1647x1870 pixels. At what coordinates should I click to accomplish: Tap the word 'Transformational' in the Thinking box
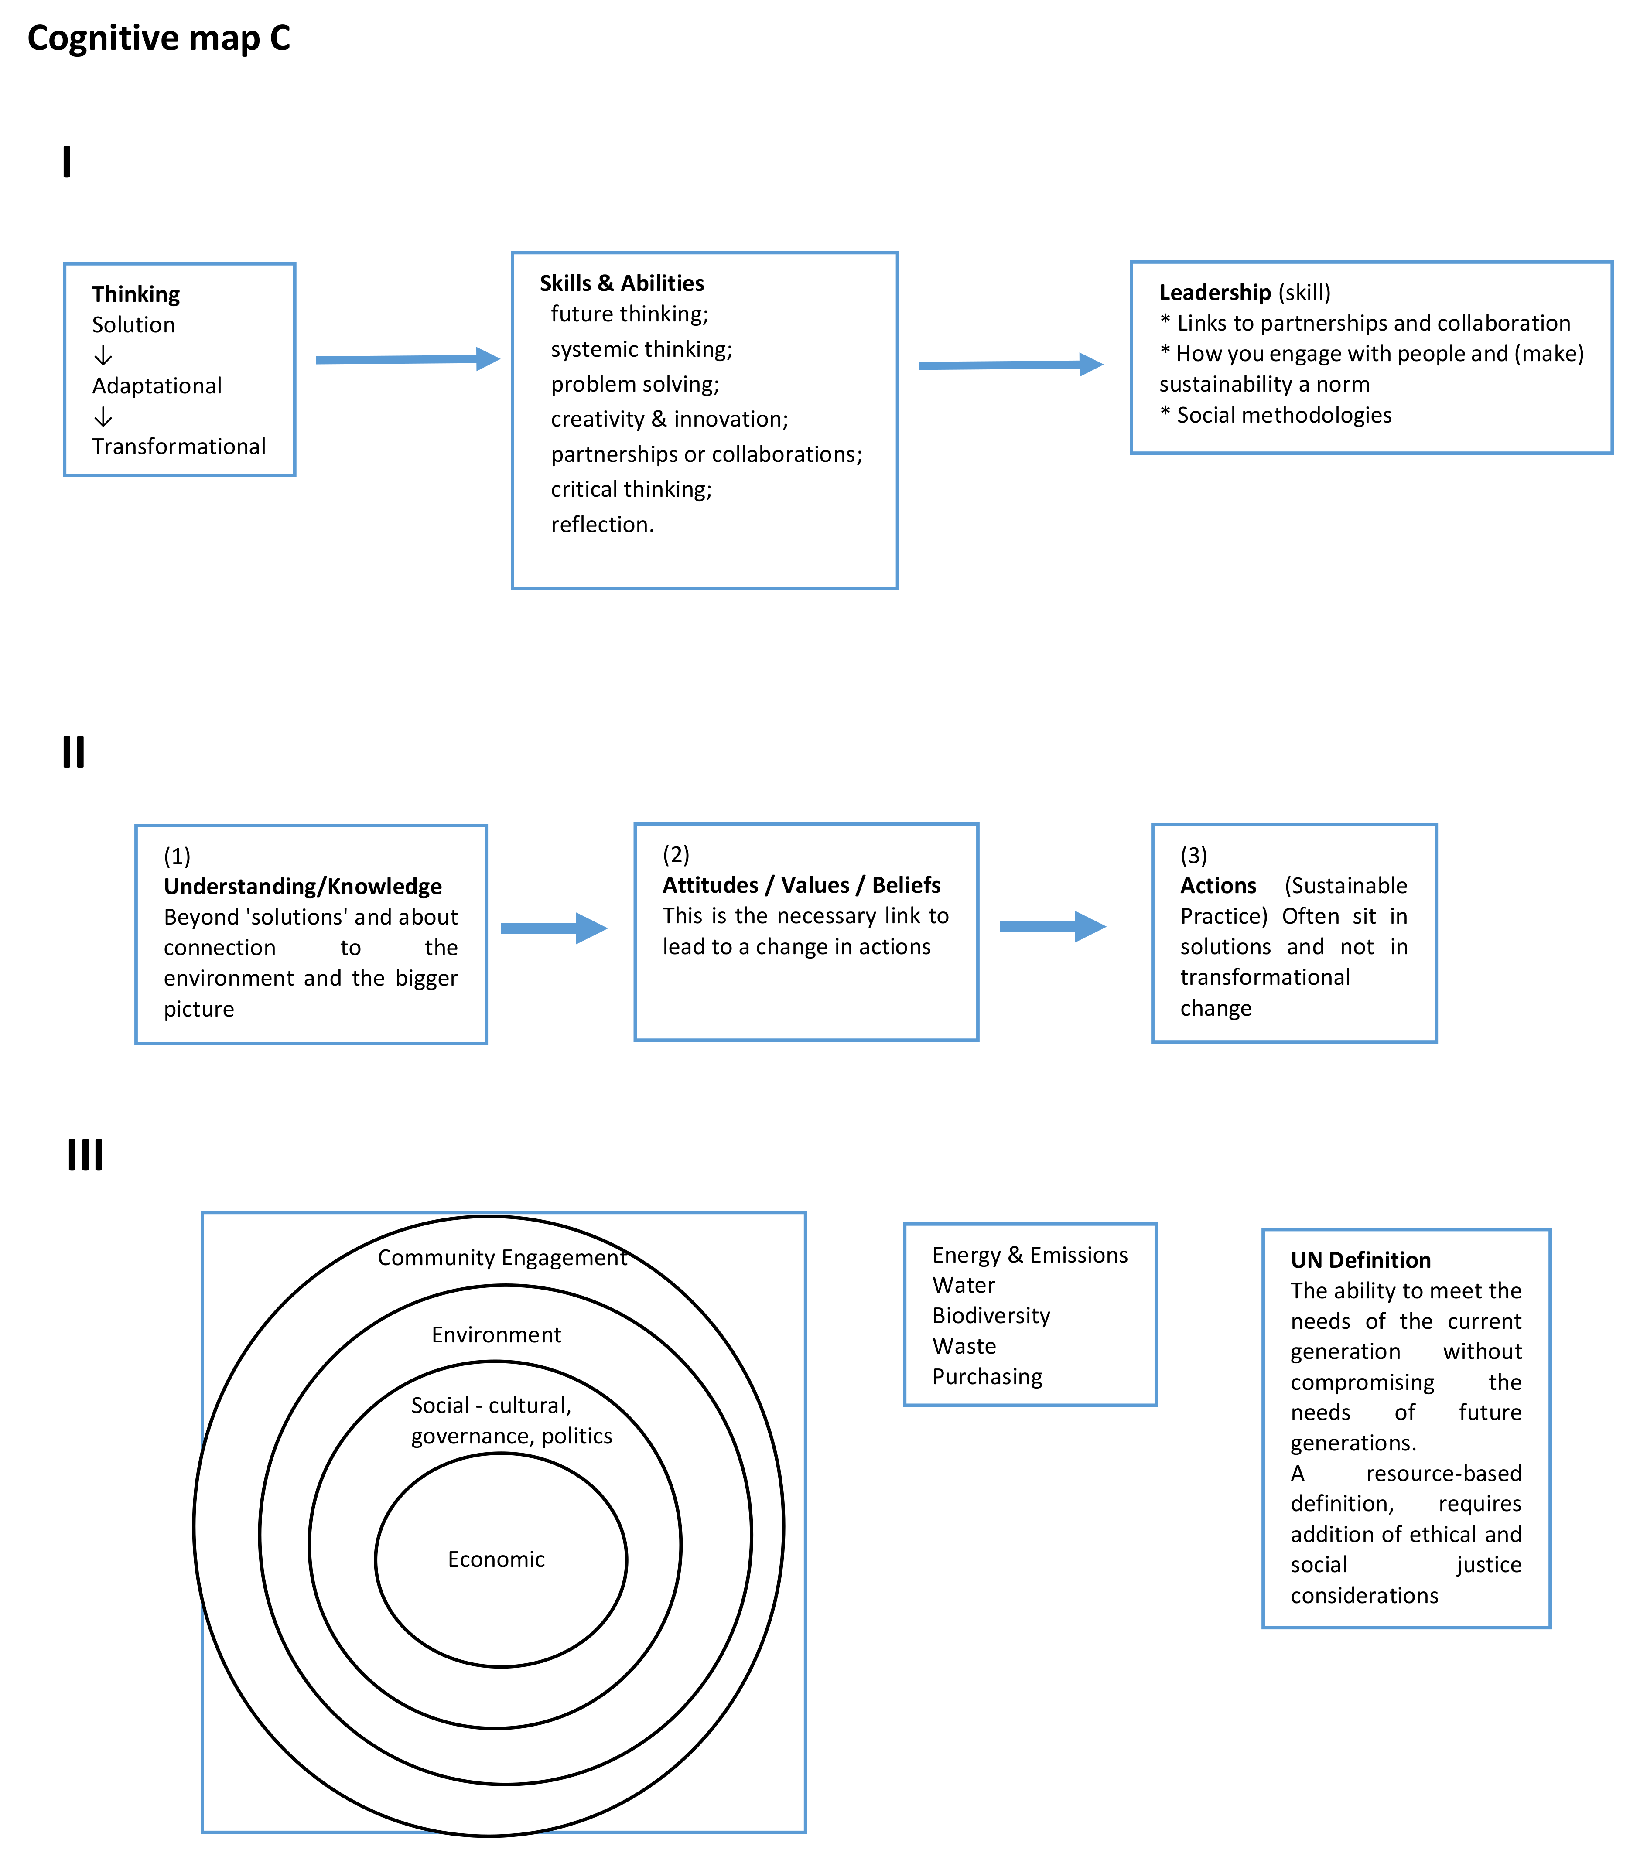(178, 447)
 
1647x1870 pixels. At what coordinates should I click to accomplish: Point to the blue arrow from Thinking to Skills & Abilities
(407, 359)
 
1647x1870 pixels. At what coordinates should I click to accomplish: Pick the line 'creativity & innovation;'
(669, 419)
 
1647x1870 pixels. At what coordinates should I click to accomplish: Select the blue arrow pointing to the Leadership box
(1010, 365)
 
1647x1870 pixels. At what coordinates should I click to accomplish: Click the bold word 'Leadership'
(1214, 293)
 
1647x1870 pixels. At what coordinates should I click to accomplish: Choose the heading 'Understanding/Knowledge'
(302, 887)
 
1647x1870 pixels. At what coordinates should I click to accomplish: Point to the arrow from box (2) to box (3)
(1052, 927)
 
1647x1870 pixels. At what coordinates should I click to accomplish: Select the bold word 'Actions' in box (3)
(1218, 886)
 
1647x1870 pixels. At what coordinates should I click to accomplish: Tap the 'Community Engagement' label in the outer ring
(502, 1258)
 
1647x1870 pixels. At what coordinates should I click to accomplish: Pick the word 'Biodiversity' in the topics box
(991, 1316)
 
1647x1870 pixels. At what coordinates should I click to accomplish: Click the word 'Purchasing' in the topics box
(988, 1377)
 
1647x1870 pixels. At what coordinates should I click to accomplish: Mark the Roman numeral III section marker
(85, 1154)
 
